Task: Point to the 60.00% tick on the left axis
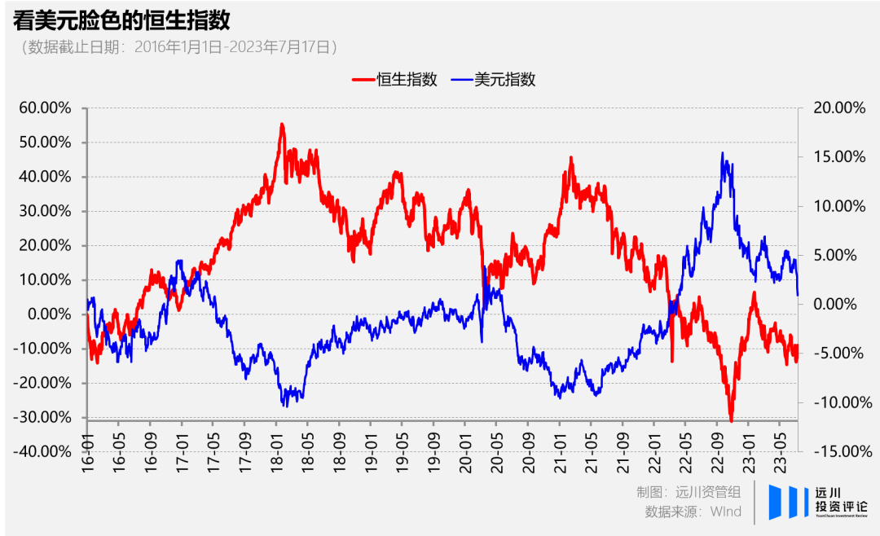46,108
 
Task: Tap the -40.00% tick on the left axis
43,450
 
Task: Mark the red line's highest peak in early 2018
282,125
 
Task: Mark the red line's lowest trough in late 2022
731,420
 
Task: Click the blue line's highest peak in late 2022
723,153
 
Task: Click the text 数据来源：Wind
693,512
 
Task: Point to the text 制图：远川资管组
689,492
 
